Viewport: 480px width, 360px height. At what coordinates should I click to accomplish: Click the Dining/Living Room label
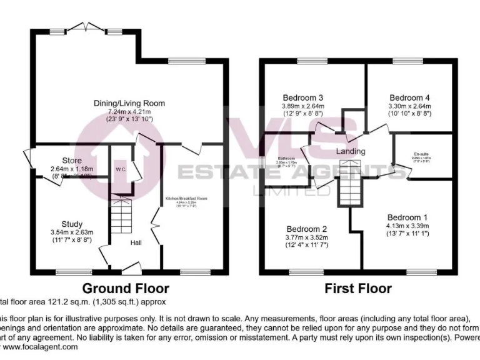pos(129,103)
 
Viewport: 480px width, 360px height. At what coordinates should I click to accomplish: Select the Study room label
pos(72,224)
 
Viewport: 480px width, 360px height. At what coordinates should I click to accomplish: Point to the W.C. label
pos(121,169)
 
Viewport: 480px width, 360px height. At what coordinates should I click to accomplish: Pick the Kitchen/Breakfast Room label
pos(186,199)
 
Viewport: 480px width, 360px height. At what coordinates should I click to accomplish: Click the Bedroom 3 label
pos(302,97)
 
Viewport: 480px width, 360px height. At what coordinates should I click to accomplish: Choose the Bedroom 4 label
pos(409,97)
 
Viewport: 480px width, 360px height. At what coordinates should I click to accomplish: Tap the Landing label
pos(350,152)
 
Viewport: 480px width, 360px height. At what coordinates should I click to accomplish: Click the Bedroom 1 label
pos(407,216)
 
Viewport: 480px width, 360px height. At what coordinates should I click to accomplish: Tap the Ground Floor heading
pos(126,288)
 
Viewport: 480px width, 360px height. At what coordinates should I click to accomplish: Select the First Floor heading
pos(357,288)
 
